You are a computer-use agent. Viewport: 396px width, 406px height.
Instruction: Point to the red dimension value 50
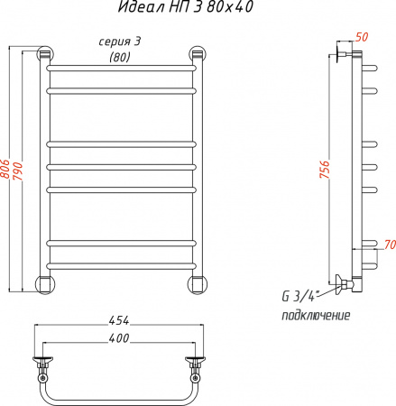[x=363, y=37]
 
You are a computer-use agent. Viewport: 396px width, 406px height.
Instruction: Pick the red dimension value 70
[x=389, y=245]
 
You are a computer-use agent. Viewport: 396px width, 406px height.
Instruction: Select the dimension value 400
[x=118, y=338]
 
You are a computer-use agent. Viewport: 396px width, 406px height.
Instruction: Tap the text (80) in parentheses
[x=118, y=59]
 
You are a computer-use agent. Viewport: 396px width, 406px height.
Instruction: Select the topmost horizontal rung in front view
[x=120, y=68]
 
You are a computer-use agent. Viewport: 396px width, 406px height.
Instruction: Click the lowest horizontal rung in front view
[x=120, y=264]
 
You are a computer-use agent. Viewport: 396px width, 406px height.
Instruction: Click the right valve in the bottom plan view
[x=196, y=366]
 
